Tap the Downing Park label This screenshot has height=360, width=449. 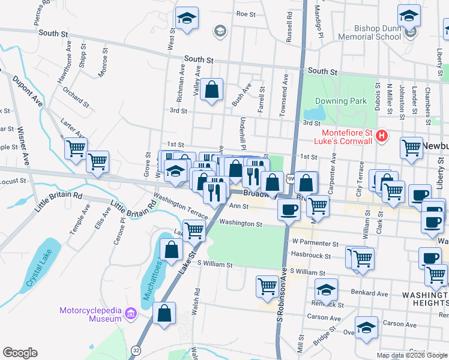tap(342, 101)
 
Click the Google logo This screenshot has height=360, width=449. tap(20, 352)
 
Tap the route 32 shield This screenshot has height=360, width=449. tap(136, 349)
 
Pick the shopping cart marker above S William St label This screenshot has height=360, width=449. tap(267, 286)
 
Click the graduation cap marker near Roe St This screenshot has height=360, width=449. tap(187, 18)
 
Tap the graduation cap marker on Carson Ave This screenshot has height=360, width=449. tap(366, 327)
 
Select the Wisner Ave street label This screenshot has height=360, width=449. tap(24, 150)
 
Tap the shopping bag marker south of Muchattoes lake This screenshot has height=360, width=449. tap(164, 313)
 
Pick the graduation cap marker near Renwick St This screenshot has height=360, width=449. tap(326, 290)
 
